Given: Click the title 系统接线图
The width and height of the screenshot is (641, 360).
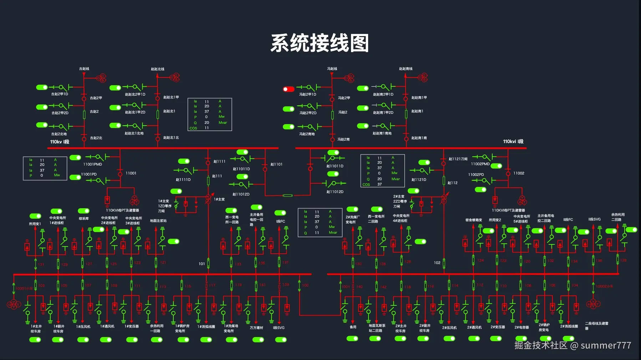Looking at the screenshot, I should [320, 43].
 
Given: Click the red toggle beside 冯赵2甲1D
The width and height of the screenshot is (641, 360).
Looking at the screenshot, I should [289, 89].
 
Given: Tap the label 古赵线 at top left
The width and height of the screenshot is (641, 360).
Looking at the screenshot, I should [84, 69].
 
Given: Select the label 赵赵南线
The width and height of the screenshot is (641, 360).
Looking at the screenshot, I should [406, 69].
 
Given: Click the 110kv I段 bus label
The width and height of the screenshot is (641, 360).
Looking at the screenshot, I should [60, 142].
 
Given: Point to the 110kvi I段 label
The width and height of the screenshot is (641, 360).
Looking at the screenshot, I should [513, 141].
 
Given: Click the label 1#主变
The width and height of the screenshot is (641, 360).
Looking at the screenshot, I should [219, 199].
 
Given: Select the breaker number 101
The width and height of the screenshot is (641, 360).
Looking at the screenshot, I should [202, 264].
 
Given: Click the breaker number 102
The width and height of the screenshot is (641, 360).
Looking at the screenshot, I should [437, 263].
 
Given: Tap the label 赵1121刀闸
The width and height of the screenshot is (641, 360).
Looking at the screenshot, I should [458, 159].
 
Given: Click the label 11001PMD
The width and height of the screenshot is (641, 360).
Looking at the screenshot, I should [92, 164].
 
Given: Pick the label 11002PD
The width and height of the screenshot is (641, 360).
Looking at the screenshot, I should [476, 174].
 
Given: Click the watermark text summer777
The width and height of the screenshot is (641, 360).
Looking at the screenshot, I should [606, 345].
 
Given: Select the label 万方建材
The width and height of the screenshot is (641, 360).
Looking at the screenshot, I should [256, 328].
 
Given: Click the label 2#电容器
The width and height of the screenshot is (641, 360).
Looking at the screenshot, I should [522, 327].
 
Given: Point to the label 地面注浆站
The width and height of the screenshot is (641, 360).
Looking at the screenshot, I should [158, 220].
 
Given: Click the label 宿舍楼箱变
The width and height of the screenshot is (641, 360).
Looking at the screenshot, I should [473, 220].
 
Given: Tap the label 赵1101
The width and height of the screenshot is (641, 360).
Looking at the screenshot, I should [276, 164].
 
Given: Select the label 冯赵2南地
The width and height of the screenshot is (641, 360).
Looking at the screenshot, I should [307, 134].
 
